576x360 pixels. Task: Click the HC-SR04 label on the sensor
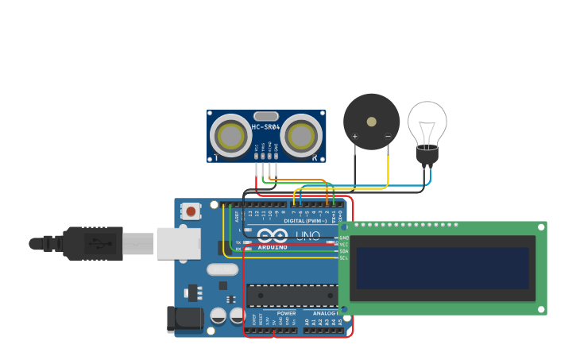[x=265, y=127]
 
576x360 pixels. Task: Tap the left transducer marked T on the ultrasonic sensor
[x=231, y=136]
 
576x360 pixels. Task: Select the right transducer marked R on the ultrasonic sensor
[x=301, y=136]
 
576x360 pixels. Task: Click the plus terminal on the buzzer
[x=354, y=137]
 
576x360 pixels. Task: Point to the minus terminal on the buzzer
[x=388, y=137]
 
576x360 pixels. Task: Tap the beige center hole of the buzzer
[x=371, y=122]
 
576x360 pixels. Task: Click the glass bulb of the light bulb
[x=427, y=122]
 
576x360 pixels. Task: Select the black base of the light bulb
[x=427, y=156]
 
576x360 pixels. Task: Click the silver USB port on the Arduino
[x=178, y=243]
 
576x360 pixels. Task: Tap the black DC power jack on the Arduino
[x=184, y=319]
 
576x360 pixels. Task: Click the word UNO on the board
[x=307, y=235]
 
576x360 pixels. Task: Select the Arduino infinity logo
[x=272, y=235]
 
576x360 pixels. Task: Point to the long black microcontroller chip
[x=292, y=296]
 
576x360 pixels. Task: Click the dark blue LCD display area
[x=443, y=268]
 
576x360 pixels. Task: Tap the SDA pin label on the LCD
[x=344, y=251]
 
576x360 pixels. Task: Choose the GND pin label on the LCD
[x=344, y=238]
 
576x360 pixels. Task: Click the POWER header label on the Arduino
[x=286, y=314]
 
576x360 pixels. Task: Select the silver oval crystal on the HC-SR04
[x=266, y=115]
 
